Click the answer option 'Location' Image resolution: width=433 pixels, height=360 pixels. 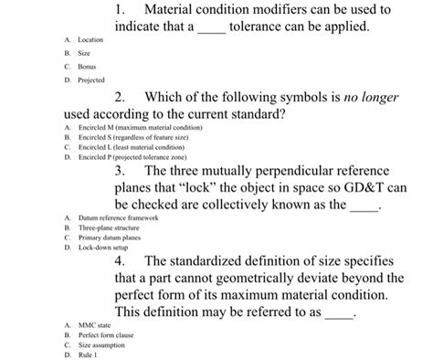pos(90,41)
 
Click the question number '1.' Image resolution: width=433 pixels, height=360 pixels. pos(122,10)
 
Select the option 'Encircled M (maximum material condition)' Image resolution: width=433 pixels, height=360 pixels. pos(138,126)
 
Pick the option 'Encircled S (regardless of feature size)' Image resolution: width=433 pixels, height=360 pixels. pos(136,136)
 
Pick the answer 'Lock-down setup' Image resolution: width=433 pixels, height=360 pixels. pos(103,247)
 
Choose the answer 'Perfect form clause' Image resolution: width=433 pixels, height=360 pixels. pos(105,334)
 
